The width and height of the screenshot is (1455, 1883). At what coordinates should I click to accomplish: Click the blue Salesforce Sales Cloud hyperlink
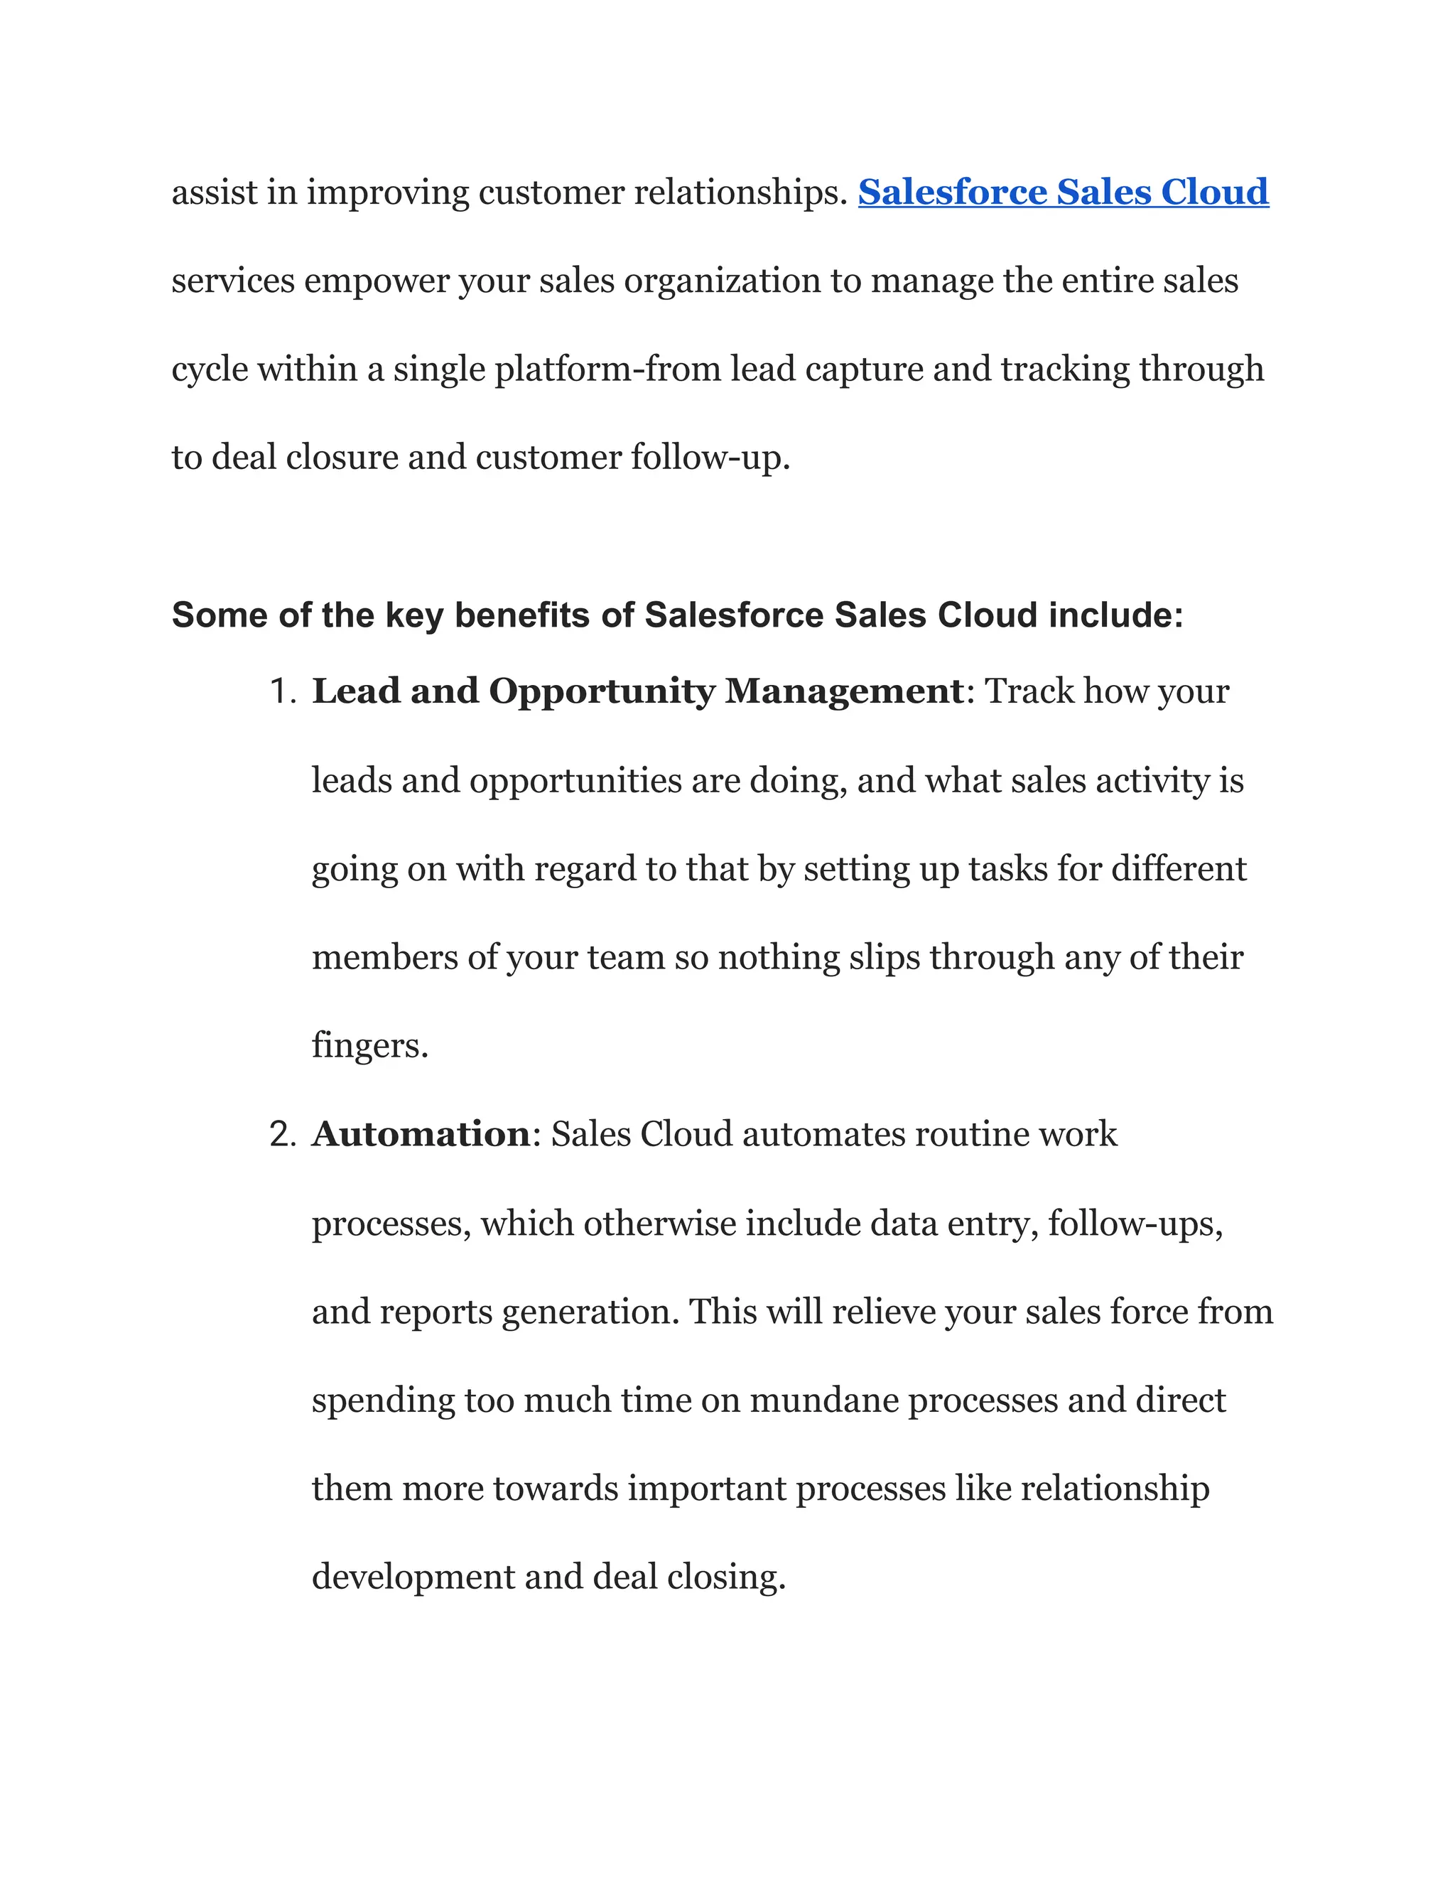pyautogui.click(x=1063, y=193)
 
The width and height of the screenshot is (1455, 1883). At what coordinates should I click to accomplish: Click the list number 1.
pyautogui.click(x=282, y=692)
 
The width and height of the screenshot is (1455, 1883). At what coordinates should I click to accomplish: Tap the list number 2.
pyautogui.click(x=282, y=1135)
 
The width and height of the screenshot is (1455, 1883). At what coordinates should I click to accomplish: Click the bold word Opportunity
pyautogui.click(x=602, y=692)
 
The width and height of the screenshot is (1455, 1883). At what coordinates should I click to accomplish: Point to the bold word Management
pyautogui.click(x=844, y=692)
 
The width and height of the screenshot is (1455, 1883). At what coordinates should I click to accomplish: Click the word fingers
pyautogui.click(x=369, y=1047)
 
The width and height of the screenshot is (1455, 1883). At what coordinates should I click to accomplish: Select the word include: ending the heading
pyautogui.click(x=1115, y=615)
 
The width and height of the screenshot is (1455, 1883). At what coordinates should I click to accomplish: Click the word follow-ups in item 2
pyautogui.click(x=1135, y=1224)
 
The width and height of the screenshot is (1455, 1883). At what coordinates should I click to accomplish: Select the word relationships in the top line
pyautogui.click(x=740, y=193)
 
